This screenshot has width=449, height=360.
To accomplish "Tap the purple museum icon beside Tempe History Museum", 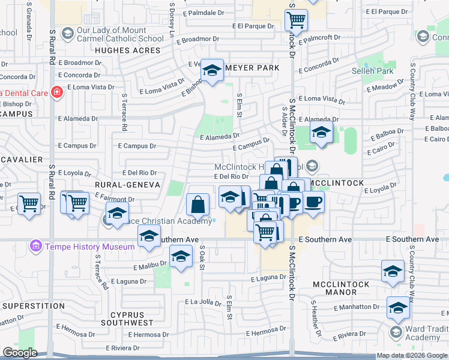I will point(35,247).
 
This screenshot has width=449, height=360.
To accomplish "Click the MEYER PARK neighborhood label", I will point(252,68).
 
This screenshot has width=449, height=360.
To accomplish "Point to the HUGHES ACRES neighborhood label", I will point(129,50).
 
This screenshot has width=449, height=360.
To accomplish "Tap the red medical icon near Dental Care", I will point(56,92).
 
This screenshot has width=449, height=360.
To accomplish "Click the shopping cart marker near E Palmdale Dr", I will point(296,20).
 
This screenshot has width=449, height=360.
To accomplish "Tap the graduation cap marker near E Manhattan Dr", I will point(398,308).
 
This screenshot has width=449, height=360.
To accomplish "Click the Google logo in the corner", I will point(20,353).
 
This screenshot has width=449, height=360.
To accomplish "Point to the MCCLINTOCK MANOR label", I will point(334,287).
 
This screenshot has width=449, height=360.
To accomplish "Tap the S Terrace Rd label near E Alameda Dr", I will point(124,112).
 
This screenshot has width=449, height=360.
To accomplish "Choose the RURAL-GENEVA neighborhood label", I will point(127,185).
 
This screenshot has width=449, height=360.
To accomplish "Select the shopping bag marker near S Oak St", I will point(198,206).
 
